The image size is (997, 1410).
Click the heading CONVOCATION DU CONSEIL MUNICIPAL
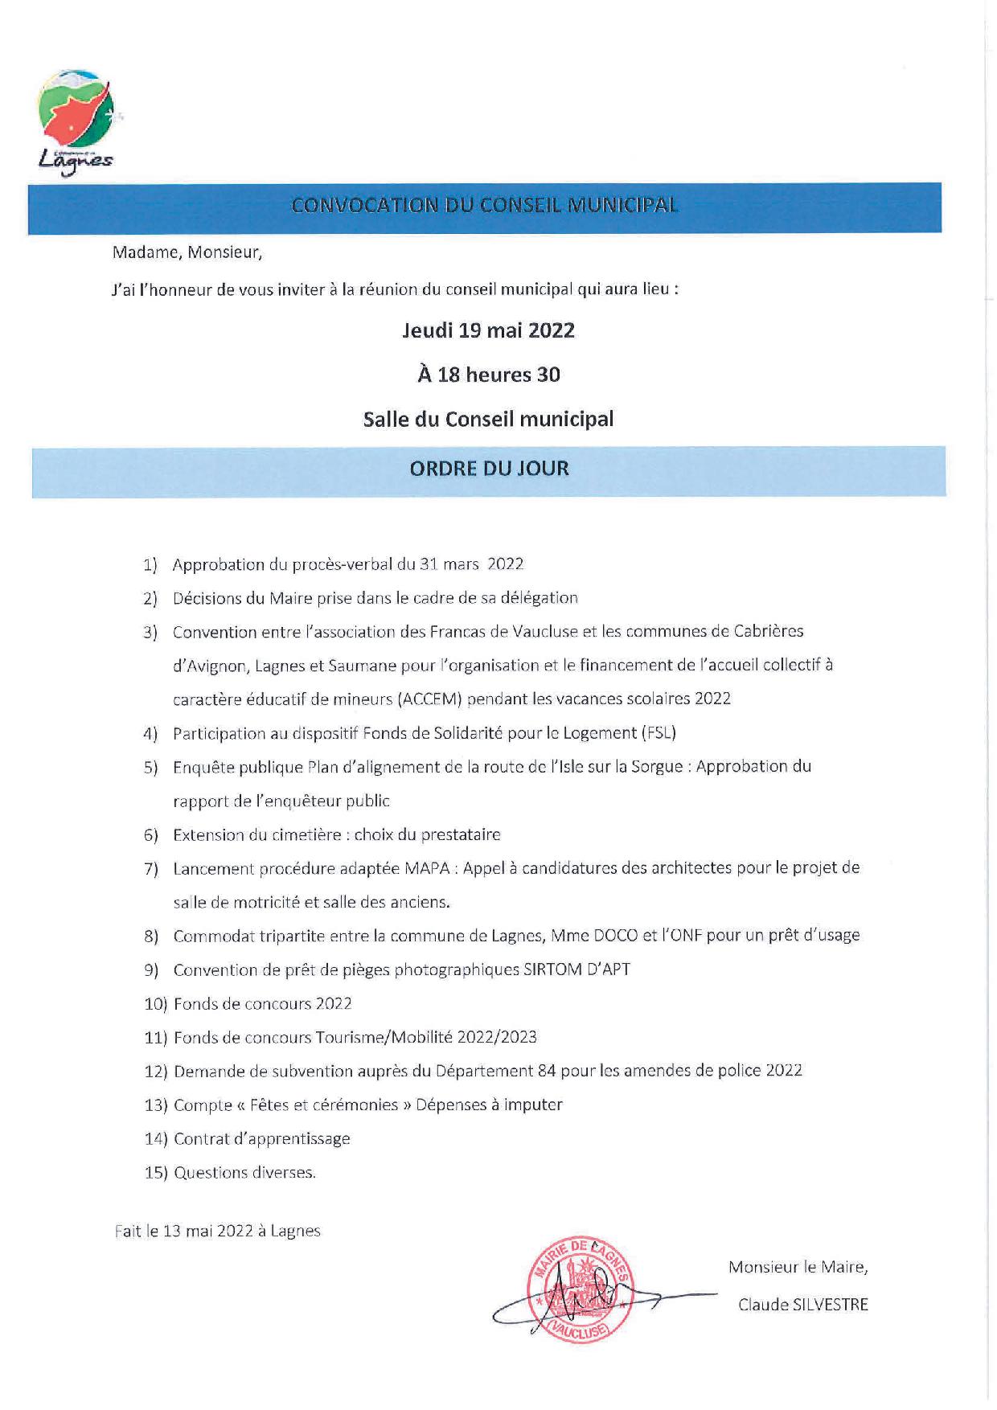485,206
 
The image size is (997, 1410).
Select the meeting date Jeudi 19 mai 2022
488,330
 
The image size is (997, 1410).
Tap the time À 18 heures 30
488,375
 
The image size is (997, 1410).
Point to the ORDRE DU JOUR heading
489,469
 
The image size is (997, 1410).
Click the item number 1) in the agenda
150,565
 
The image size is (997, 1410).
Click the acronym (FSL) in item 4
659,733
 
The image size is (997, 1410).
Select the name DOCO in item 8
616,936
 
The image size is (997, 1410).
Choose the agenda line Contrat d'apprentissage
262,1138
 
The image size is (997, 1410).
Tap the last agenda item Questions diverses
244,1173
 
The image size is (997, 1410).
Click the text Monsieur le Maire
798,1268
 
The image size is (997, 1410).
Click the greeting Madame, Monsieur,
187,252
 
